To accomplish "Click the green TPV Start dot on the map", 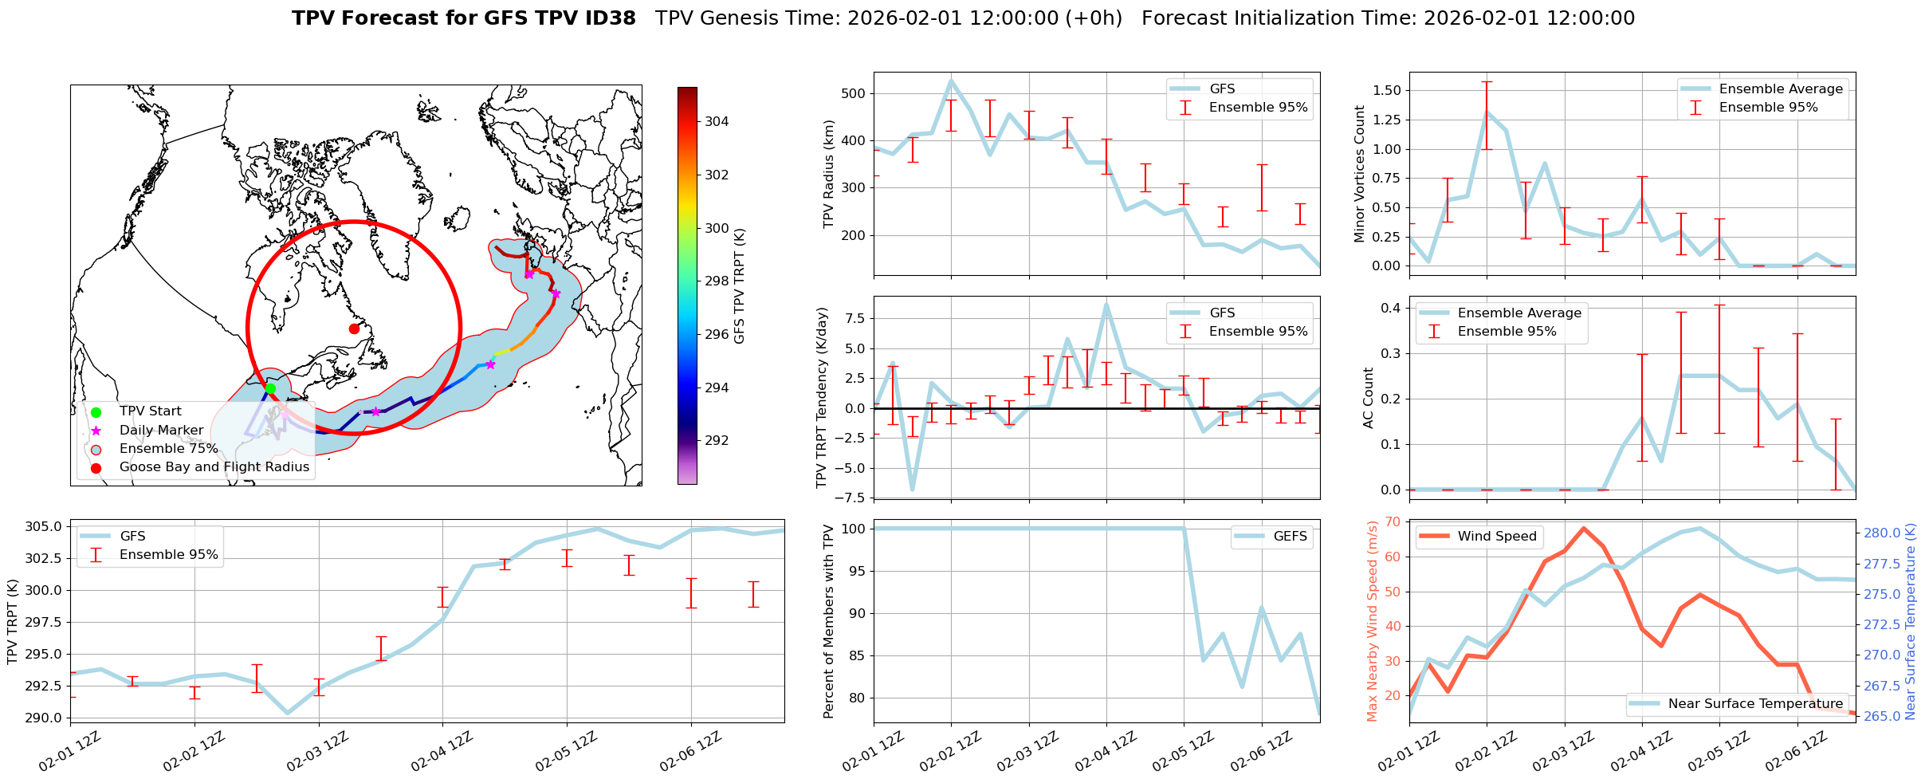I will point(270,388).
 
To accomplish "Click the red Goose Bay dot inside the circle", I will point(354,329).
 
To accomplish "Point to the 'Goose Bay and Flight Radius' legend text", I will point(214,467).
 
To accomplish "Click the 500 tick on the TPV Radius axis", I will point(854,93).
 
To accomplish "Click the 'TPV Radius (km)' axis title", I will point(829,174).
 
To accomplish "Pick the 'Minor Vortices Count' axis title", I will point(1359,174).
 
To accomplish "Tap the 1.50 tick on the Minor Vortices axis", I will point(1388,91).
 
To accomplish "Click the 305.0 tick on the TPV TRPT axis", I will point(46,526).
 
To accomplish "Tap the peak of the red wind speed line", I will point(1583,528).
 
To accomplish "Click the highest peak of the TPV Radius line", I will point(951,80).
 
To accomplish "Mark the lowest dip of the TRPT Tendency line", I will point(912,490).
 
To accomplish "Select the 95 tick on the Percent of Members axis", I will point(854,571).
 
